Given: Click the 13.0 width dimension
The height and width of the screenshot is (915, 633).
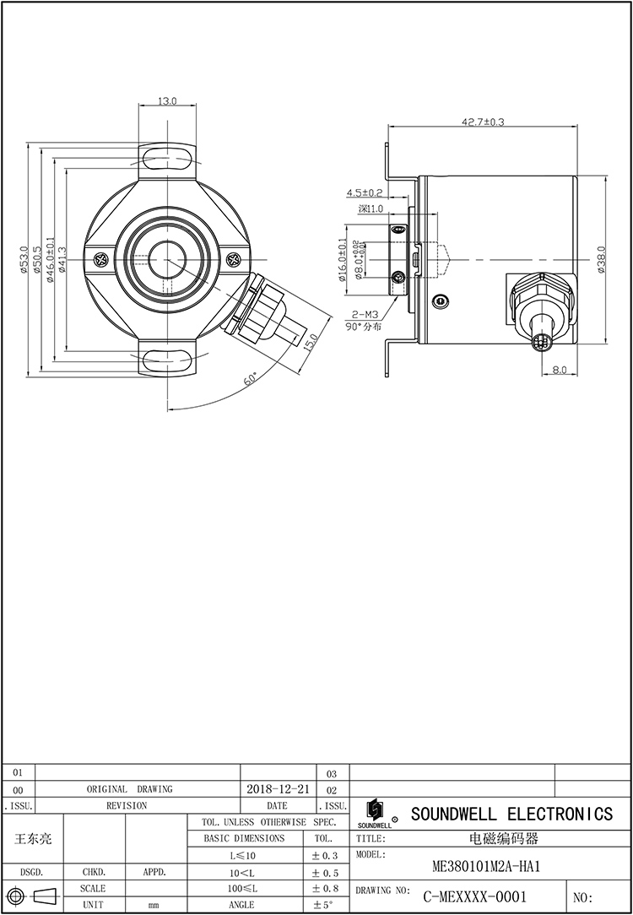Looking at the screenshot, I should [x=167, y=101].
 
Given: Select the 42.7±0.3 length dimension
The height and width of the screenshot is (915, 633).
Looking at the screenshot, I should [x=482, y=122].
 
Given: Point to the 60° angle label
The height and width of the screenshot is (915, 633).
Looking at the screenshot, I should [x=252, y=379].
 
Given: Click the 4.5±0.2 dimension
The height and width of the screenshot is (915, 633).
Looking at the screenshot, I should [x=364, y=193].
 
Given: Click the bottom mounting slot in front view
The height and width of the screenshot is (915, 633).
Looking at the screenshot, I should [x=167, y=361].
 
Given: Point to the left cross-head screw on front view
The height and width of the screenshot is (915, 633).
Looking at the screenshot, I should [x=100, y=260].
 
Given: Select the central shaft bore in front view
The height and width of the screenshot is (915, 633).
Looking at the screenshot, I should [x=166, y=257].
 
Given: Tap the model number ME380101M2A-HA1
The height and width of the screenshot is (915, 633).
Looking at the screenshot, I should [x=485, y=866].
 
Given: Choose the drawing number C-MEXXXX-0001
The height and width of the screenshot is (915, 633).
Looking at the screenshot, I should [x=474, y=896].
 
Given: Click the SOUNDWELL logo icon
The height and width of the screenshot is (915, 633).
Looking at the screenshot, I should [x=374, y=811].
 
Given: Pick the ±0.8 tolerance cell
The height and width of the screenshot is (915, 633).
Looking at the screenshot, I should [x=325, y=888].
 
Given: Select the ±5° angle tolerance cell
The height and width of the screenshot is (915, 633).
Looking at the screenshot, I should [x=325, y=904].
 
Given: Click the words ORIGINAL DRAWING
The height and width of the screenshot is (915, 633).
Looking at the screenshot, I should [x=129, y=789].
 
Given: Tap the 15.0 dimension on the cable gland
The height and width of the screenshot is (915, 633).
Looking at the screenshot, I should [x=311, y=342].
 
